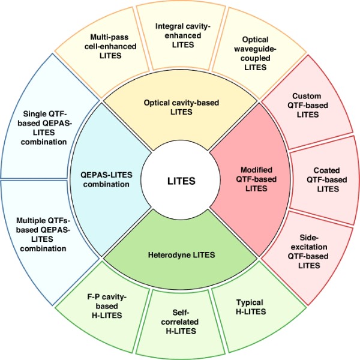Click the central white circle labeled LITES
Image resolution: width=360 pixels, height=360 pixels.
click(x=180, y=179)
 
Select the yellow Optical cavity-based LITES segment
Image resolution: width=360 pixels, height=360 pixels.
click(x=180, y=106)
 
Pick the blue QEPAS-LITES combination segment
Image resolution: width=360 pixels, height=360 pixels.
click(x=107, y=179)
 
